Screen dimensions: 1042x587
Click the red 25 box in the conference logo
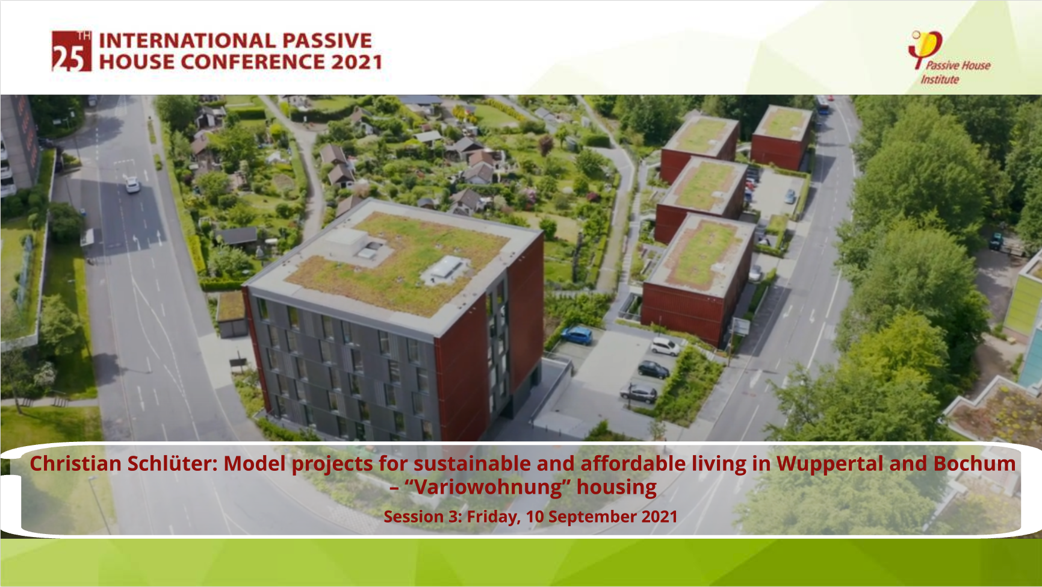[x=71, y=51]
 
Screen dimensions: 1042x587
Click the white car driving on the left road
[x=132, y=184]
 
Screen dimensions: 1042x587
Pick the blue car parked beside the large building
[x=577, y=335]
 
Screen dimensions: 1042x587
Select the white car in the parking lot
[x=665, y=346]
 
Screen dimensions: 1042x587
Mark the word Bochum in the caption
[x=975, y=464]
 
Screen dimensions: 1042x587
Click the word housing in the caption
[x=616, y=488]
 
